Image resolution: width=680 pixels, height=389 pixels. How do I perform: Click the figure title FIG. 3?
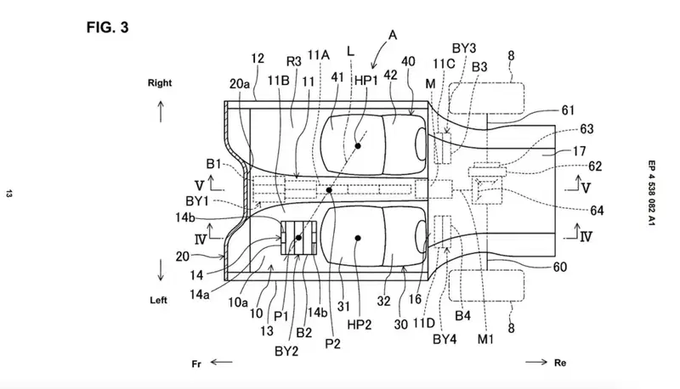coord(108,27)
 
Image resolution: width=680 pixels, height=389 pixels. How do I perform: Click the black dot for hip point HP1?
coord(358,146)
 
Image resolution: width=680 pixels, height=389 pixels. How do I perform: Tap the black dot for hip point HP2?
coord(358,238)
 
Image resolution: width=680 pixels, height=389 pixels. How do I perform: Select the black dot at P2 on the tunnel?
coord(329,190)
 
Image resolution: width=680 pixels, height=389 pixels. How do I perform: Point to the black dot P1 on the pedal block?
coord(298,238)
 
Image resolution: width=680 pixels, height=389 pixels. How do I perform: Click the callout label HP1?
coord(366,80)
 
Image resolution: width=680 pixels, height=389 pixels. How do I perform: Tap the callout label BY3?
coord(464,48)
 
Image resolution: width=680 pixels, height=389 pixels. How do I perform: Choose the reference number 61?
coord(568,110)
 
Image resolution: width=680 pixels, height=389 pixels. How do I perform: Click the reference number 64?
coord(598,211)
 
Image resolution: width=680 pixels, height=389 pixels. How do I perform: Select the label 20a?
coord(240,84)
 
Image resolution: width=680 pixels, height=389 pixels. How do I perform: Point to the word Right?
coord(160,82)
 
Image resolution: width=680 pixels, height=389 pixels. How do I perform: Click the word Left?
coord(158,300)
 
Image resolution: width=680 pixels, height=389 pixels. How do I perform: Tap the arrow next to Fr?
coord(222,362)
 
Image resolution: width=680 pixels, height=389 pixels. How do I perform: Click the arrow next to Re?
coord(536,362)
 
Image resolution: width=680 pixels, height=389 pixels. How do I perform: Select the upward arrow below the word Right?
coord(161,111)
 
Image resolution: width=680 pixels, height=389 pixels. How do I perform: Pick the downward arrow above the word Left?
coord(161,270)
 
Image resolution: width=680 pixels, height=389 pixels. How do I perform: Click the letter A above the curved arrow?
coord(393,35)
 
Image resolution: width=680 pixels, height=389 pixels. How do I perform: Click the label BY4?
coord(445,339)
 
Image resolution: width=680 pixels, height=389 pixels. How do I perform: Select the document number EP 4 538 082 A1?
coord(651,193)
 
